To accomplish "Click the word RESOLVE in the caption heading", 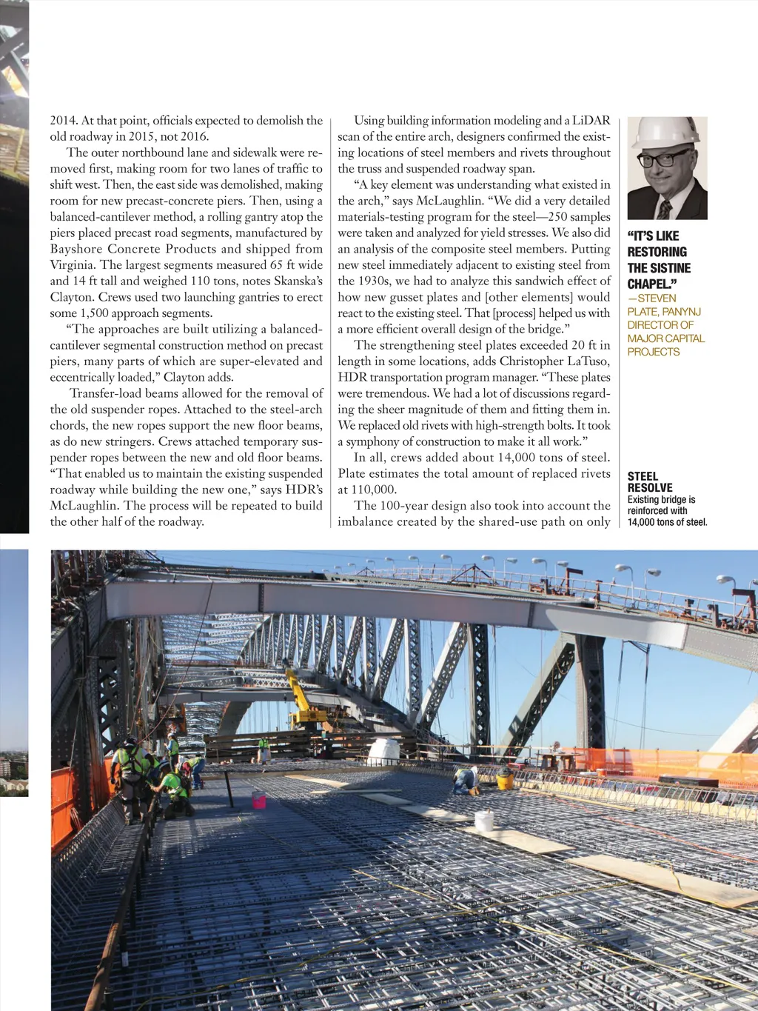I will click(650, 488).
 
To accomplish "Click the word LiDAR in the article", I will click(591, 121).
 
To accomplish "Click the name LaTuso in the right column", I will click(588, 361).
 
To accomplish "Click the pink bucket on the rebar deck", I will click(258, 799).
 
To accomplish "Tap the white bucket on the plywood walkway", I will click(484, 820).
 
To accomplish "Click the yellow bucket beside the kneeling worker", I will click(505, 778).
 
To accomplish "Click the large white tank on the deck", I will click(383, 751).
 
